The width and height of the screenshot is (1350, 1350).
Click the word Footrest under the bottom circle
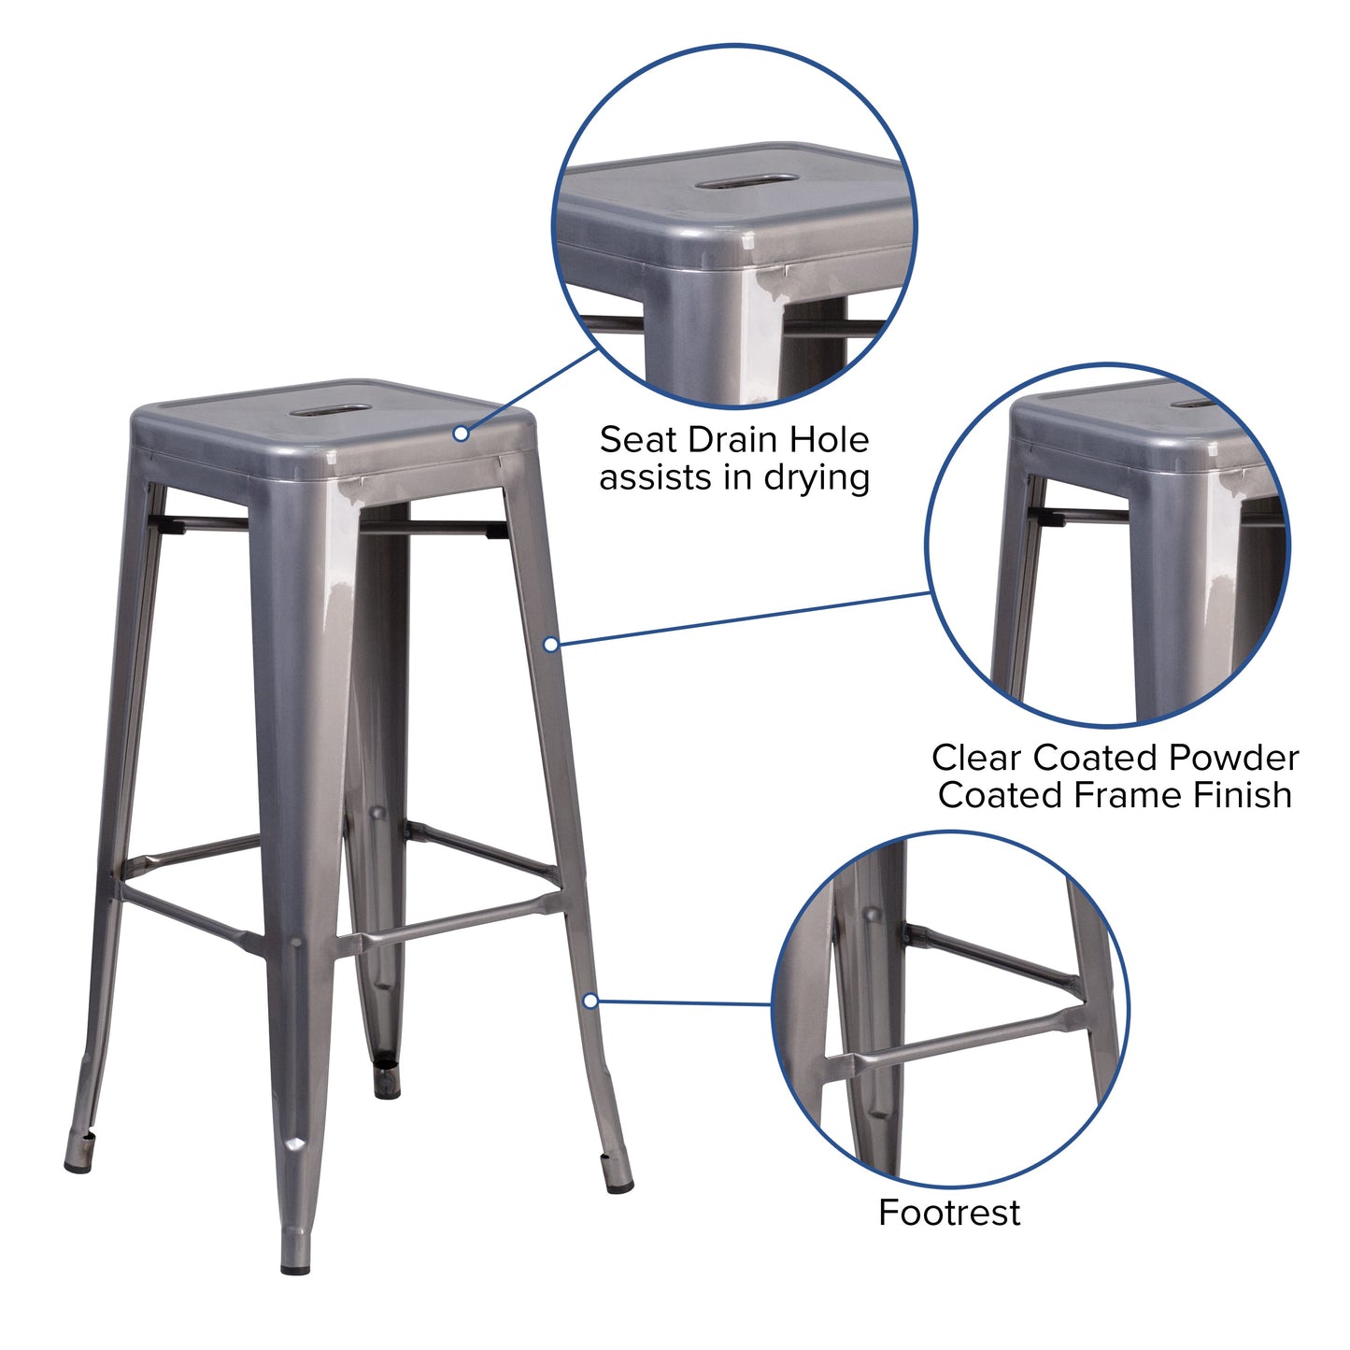[x=949, y=1213]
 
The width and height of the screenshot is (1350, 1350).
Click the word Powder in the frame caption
[x=1231, y=758]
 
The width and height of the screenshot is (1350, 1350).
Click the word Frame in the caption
[x=1127, y=795]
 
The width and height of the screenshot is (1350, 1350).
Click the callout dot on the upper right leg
[x=551, y=644]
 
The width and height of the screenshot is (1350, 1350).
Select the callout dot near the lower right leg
[x=590, y=1001]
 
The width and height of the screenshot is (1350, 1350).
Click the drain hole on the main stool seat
[x=330, y=409]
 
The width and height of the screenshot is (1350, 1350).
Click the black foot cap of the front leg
[x=295, y=1268]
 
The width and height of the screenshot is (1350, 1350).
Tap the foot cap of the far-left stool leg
[x=78, y=1163]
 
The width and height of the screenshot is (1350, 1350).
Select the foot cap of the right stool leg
[x=618, y=1185]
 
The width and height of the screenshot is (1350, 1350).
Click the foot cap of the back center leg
[x=386, y=1087]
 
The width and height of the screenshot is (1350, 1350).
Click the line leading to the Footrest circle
[x=682, y=1003]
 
